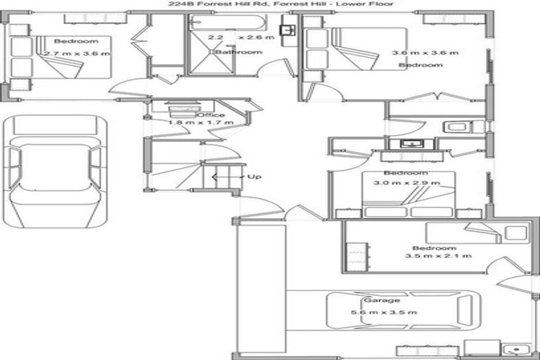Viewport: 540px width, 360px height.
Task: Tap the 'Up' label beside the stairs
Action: click(255, 176)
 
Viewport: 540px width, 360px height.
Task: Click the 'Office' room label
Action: click(210, 115)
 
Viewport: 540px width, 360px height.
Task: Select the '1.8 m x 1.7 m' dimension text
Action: click(200, 122)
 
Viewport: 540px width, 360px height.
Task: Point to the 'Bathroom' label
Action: click(238, 52)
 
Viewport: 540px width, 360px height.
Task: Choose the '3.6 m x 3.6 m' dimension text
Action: click(425, 53)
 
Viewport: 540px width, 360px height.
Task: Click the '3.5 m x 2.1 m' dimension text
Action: click(438, 255)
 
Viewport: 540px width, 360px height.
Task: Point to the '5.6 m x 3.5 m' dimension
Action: click(384, 313)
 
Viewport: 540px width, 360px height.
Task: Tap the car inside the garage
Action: click(399, 311)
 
